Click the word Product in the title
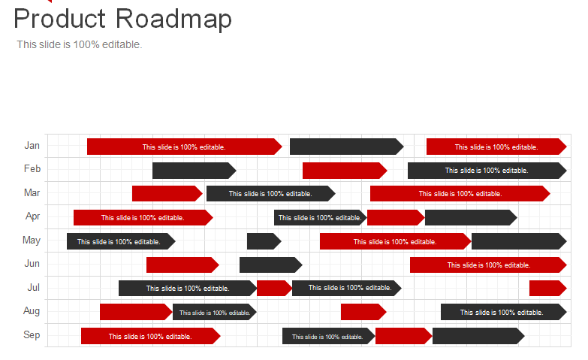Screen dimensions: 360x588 pyautogui.click(x=61, y=19)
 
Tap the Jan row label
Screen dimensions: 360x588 pyautogui.click(x=32, y=146)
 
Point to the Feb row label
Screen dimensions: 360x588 pyautogui.click(x=32, y=169)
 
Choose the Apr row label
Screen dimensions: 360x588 pyautogui.click(x=32, y=216)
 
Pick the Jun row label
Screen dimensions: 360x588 pyautogui.click(x=32, y=264)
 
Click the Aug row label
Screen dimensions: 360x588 pyautogui.click(x=32, y=311)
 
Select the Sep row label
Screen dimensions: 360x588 pyautogui.click(x=32, y=335)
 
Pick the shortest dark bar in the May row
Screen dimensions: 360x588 pyautogui.click(x=263, y=241)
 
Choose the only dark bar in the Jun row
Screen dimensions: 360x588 pyautogui.click(x=270, y=265)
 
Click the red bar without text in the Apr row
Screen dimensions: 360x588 pyautogui.click(x=395, y=218)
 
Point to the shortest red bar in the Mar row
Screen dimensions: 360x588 pyautogui.click(x=166, y=194)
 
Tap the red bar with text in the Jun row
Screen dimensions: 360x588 pyautogui.click(x=487, y=265)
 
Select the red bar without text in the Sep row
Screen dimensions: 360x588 pyautogui.click(x=403, y=336)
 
